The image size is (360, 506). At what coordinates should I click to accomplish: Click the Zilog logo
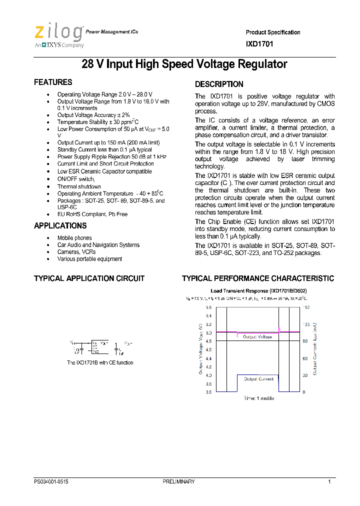click(58, 35)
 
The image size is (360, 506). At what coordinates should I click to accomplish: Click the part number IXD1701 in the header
click(259, 44)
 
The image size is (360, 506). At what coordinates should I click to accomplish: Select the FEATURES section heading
click(53, 82)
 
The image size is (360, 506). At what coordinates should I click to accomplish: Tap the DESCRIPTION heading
click(219, 84)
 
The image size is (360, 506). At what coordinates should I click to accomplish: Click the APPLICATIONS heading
click(60, 226)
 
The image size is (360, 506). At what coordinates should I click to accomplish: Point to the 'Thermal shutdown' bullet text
click(79, 186)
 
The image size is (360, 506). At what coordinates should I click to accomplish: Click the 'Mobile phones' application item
click(74, 238)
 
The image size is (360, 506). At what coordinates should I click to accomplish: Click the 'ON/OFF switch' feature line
click(76, 179)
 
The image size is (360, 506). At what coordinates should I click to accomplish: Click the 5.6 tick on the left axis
click(208, 307)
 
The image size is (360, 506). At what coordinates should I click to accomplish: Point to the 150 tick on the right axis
click(306, 307)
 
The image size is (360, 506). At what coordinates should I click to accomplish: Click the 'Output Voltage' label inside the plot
click(257, 337)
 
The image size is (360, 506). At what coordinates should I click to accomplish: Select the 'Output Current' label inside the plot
click(258, 379)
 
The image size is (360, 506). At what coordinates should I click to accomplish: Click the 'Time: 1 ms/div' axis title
click(258, 398)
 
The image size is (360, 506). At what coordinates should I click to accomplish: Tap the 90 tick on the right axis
click(305, 341)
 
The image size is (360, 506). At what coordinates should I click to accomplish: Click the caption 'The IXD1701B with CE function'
click(100, 363)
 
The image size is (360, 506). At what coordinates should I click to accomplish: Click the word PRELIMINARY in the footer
click(178, 481)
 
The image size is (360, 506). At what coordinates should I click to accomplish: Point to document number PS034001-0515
click(51, 481)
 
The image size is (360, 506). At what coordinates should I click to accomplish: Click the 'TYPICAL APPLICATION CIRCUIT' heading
click(89, 278)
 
